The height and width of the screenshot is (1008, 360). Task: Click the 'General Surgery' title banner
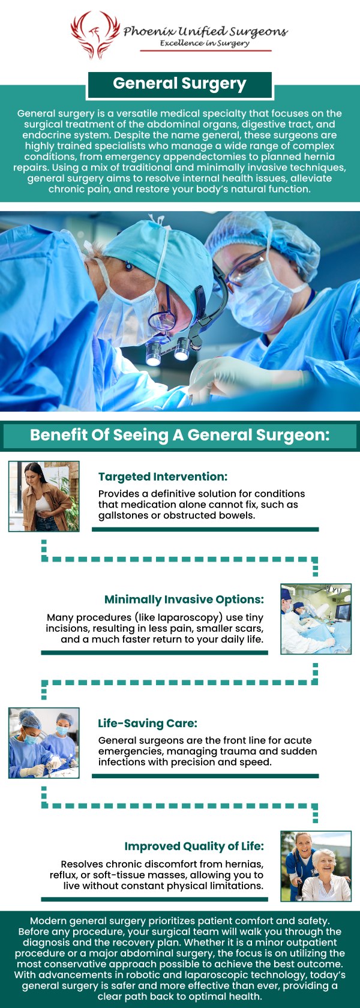pyautogui.click(x=179, y=84)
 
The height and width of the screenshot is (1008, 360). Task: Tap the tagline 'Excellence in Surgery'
pyautogui.click(x=205, y=43)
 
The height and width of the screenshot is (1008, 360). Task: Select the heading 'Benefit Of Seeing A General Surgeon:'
pyautogui.click(x=180, y=435)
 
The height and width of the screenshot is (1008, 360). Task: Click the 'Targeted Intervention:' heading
pyautogui.click(x=163, y=477)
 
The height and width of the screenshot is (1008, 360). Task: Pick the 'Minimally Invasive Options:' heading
pyautogui.click(x=184, y=599)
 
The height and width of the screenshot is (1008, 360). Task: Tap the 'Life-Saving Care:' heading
pyautogui.click(x=148, y=723)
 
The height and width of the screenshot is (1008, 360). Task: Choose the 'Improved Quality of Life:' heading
pyautogui.click(x=194, y=846)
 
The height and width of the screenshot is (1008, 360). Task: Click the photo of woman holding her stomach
pyautogui.click(x=44, y=496)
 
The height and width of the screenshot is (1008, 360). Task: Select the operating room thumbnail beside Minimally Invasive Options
pyautogui.click(x=316, y=619)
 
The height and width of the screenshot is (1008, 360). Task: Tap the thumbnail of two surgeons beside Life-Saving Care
pyautogui.click(x=44, y=743)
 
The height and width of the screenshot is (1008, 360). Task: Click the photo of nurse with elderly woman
pyautogui.click(x=316, y=866)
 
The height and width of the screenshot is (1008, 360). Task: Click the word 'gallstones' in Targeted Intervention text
pyautogui.click(x=124, y=515)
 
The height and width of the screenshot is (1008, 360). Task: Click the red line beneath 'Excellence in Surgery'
pyautogui.click(x=206, y=51)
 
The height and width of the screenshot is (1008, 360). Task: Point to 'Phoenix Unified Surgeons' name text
pyautogui.click(x=205, y=31)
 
